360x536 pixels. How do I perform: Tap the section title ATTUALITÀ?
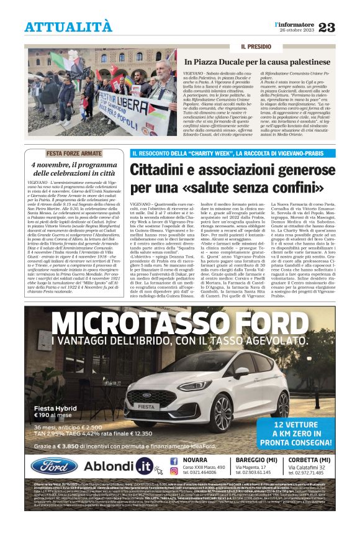tap(68, 27)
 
